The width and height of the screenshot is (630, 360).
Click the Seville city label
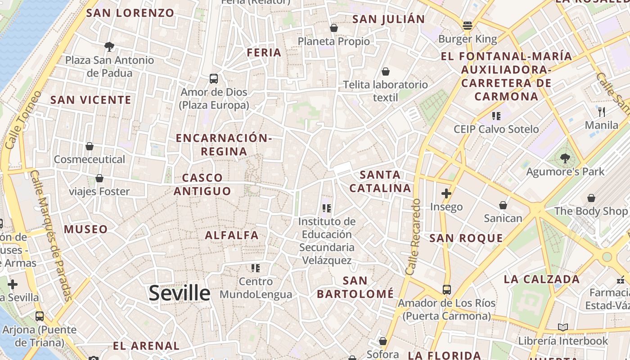pyautogui.click(x=179, y=293)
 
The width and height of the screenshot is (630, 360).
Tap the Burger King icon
pyautogui.click(x=468, y=26)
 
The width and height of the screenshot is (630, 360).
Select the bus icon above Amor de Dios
pyautogui.click(x=214, y=79)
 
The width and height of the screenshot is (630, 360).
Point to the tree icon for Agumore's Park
pyautogui.click(x=565, y=158)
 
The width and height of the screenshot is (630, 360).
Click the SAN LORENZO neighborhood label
pyautogui.click(x=130, y=13)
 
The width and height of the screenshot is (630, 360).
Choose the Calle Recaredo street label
pyautogui.click(x=413, y=237)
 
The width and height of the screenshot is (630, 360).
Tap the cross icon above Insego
pyautogui.click(x=446, y=193)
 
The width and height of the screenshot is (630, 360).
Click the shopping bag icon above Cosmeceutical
pyautogui.click(x=90, y=146)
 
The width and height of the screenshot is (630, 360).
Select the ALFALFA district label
pyautogui.click(x=232, y=235)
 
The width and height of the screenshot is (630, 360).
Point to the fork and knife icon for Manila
pyautogui.click(x=602, y=112)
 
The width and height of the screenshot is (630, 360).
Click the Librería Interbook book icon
pyautogui.click(x=562, y=328)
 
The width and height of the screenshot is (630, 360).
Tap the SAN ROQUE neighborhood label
pyautogui.click(x=466, y=238)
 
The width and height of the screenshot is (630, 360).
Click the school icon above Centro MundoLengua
pyautogui.click(x=256, y=269)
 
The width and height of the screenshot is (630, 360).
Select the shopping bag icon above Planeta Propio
pyautogui.click(x=333, y=28)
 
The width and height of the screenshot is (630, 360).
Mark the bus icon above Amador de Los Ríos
pyautogui.click(x=446, y=290)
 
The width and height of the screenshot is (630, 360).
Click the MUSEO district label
pyautogui.click(x=86, y=229)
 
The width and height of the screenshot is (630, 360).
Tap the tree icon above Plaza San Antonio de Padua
pyautogui.click(x=109, y=46)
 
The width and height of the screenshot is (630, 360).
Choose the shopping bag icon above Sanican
pyautogui.click(x=503, y=206)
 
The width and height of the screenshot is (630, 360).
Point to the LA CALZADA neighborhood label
pyautogui.click(x=542, y=279)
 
